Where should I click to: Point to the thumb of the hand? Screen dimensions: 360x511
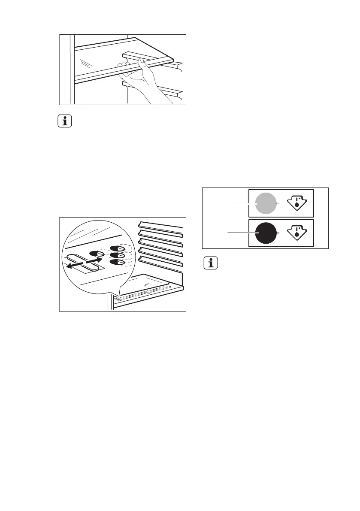click(124, 64)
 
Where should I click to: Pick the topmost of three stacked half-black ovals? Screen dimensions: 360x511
click(117, 248)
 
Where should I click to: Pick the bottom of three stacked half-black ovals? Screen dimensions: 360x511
click(117, 261)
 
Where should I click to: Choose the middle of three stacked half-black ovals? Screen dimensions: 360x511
click(117, 255)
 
